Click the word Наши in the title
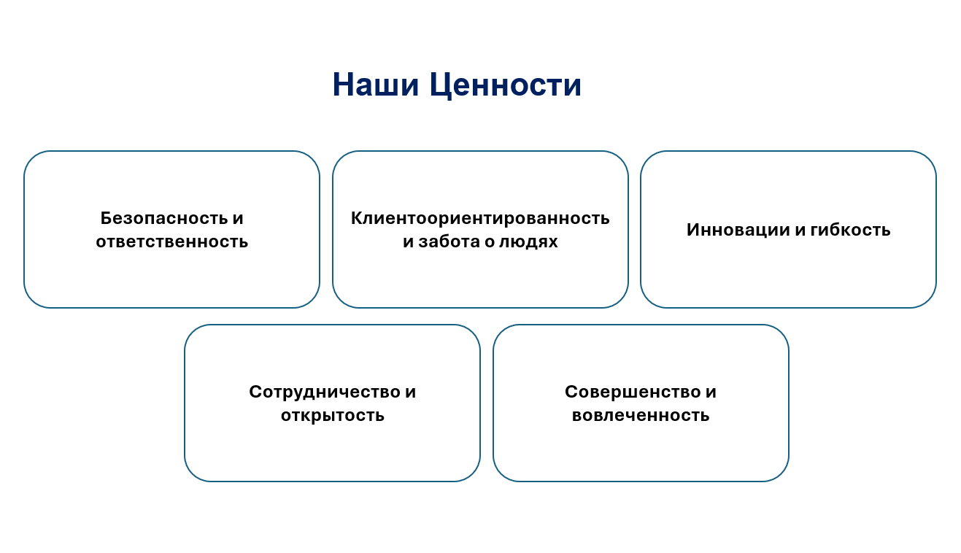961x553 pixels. coord(375,85)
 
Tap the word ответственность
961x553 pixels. coord(171,241)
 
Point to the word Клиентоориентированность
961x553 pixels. coord(480,218)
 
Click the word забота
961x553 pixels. coord(449,241)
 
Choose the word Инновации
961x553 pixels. coord(738,230)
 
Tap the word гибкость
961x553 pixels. coord(850,230)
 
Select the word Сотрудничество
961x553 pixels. coord(324,392)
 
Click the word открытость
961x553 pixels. coord(333,415)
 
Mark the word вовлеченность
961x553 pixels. coord(641,415)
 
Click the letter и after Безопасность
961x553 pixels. coord(238,219)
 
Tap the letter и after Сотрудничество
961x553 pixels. coord(411,392)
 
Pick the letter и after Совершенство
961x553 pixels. coord(711,392)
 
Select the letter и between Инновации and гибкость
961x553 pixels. coord(800,231)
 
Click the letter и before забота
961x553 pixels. coord(408,242)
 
